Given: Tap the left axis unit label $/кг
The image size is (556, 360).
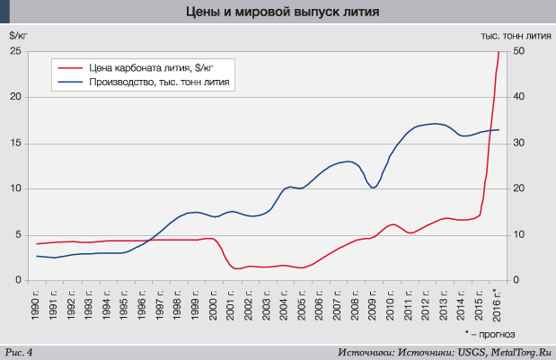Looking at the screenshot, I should tap(18, 36).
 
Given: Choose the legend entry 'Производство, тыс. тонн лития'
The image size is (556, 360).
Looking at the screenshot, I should tap(161, 82).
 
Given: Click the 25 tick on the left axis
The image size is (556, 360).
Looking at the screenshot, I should tap(15, 51).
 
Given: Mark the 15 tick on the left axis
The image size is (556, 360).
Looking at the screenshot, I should tap(15, 143).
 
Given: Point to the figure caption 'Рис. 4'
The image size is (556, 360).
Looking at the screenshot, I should tap(19, 351).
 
